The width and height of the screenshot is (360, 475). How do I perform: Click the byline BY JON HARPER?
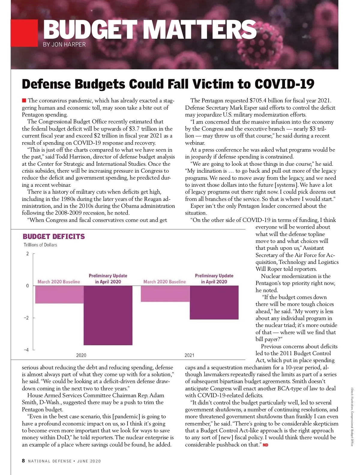point(64,44)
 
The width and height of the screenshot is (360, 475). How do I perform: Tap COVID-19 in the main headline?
point(284,84)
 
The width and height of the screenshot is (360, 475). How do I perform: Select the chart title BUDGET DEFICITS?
point(54,237)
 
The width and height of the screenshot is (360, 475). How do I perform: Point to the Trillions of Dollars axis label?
point(40,245)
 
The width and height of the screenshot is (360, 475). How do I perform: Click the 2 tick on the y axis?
point(28,254)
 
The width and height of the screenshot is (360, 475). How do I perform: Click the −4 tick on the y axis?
point(26,350)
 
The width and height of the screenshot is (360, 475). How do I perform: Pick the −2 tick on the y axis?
point(26,318)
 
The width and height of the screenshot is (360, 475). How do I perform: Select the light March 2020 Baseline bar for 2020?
point(59,294)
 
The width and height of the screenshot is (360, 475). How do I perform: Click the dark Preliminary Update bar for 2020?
point(108,315)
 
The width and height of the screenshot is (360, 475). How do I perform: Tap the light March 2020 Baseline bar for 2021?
point(165,293)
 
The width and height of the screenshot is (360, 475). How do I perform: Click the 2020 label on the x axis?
point(81,355)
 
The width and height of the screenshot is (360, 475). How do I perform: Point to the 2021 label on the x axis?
point(189,355)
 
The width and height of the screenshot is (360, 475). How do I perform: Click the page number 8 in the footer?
point(23,461)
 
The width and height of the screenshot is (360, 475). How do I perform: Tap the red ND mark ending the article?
point(265,445)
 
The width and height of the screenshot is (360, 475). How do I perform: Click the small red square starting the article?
point(24,100)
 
